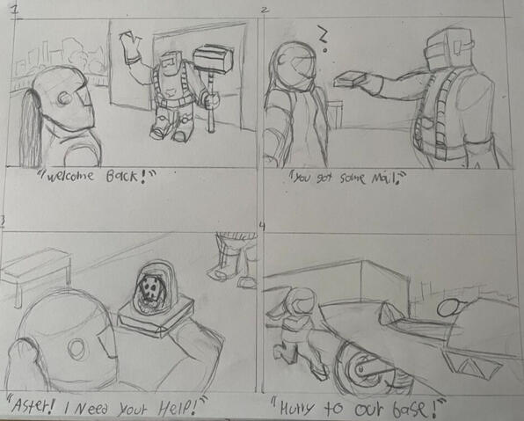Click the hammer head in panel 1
click(214, 57)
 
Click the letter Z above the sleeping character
click(322, 34)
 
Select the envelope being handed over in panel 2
click(349, 80)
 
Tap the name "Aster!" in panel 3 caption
click(32, 406)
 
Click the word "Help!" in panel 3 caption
click(178, 406)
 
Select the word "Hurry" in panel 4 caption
click(297, 409)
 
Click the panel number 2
click(265, 10)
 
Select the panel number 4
click(262, 227)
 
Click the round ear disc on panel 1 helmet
click(63, 98)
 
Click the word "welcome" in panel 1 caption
click(69, 176)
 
